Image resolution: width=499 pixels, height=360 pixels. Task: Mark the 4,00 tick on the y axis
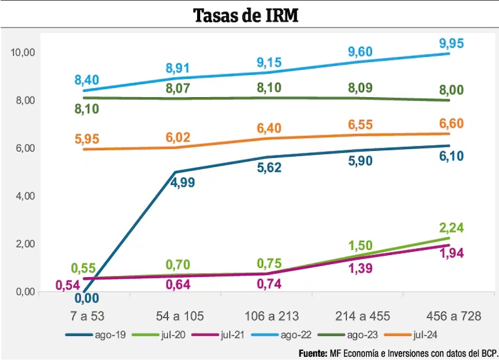pos(25,196)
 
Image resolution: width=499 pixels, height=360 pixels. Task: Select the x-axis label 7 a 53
pos(87,316)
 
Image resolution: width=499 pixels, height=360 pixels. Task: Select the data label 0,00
pos(87,298)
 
